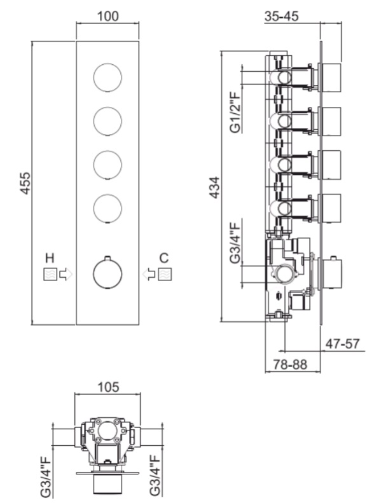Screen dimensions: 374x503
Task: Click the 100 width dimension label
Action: (107, 16)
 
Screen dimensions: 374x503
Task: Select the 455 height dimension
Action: (25, 183)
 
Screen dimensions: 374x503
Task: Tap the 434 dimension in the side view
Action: (214, 188)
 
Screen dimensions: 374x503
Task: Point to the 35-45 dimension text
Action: (281, 16)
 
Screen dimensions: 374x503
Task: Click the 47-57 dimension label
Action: (343, 344)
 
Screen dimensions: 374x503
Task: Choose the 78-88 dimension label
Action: (290, 364)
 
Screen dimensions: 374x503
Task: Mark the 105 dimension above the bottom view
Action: (108, 387)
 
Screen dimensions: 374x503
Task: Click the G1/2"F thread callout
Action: (236, 112)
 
